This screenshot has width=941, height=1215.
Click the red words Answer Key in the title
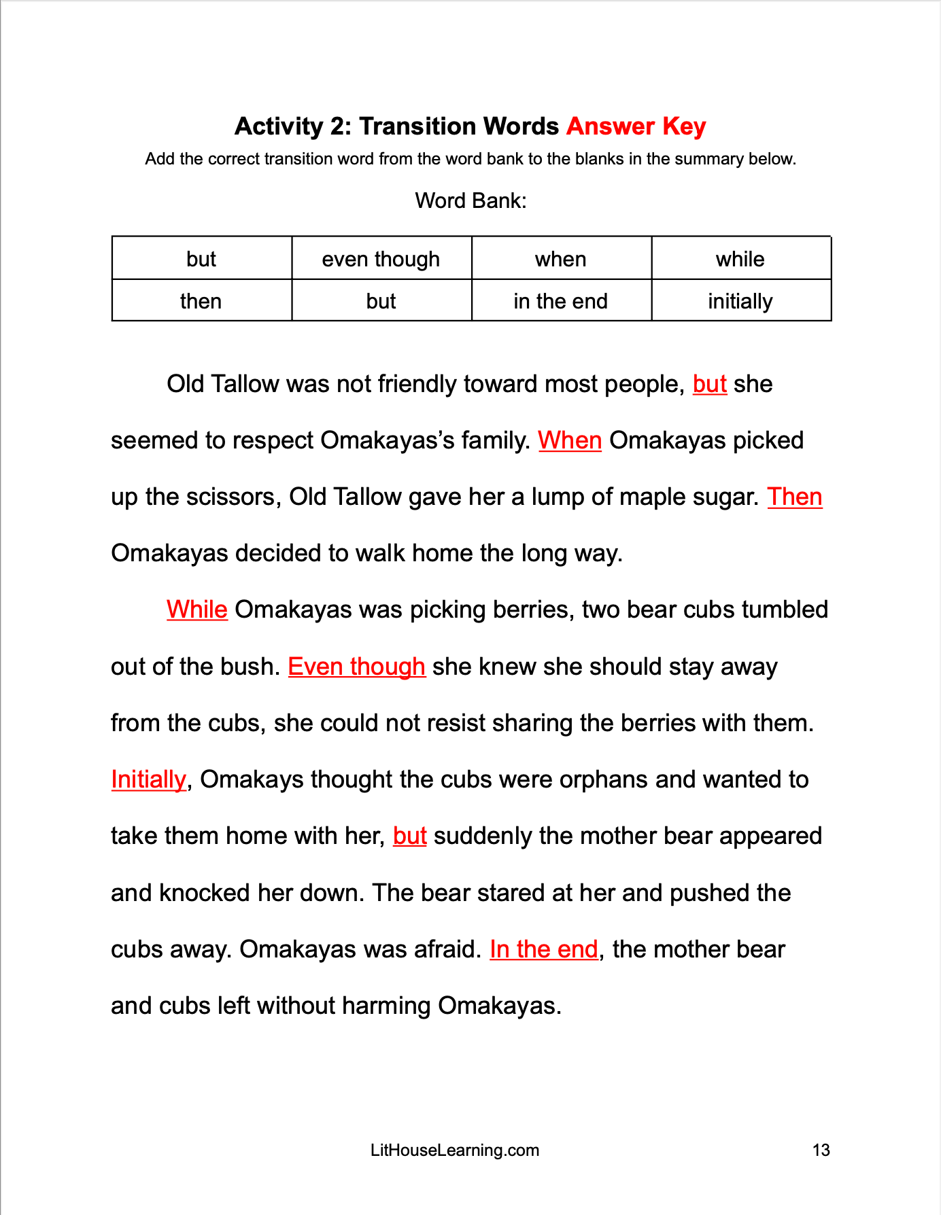tap(636, 126)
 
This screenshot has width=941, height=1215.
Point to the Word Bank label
tap(470, 200)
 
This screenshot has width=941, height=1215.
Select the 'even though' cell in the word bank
tap(381, 259)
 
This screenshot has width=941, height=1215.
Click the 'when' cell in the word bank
tap(560, 259)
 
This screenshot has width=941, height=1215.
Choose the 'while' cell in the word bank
tap(740, 259)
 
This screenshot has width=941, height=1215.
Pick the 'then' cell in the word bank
tap(201, 301)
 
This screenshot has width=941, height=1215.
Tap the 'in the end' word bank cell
tap(560, 301)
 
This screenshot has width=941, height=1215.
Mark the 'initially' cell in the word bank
tap(740, 301)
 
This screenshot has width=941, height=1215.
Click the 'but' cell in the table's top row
tap(201, 259)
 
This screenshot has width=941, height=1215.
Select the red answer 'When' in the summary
tap(570, 440)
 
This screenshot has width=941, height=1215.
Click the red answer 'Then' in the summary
tap(794, 497)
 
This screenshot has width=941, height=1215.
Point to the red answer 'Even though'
tap(356, 667)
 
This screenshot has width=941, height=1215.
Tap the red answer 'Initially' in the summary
tap(148, 779)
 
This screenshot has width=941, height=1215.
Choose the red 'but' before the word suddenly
tap(409, 836)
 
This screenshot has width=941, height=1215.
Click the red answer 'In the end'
tap(543, 949)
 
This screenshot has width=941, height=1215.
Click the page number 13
tap(821, 1150)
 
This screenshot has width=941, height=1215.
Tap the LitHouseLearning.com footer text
tap(454, 1150)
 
